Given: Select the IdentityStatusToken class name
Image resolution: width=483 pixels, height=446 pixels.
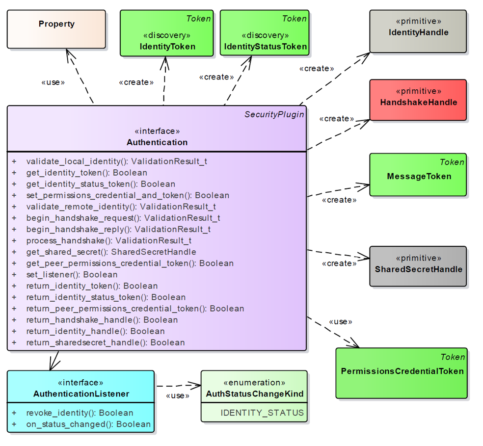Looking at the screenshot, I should [266, 47].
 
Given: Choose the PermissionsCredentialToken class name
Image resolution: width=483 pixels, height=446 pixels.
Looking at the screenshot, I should [402, 371].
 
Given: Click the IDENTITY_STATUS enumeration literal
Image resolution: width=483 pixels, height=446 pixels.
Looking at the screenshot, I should [262, 413].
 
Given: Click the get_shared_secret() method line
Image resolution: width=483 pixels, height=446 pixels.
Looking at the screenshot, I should [111, 252].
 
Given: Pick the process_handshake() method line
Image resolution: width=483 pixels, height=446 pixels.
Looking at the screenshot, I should [108, 240].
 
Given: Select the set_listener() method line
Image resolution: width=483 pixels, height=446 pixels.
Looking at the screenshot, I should [72, 274].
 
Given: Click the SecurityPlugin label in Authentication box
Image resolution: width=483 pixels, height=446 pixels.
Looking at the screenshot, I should [274, 114].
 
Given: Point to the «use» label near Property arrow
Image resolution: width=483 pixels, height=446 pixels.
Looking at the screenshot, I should [53, 82].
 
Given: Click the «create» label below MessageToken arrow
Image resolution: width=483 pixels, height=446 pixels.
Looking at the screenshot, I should [339, 200].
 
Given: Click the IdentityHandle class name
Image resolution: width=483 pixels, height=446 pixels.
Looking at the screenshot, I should [418, 33].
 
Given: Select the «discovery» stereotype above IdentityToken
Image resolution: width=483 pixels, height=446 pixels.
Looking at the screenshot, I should [167, 35].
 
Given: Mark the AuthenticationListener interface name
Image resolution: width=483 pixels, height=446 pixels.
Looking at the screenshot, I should [81, 394].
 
